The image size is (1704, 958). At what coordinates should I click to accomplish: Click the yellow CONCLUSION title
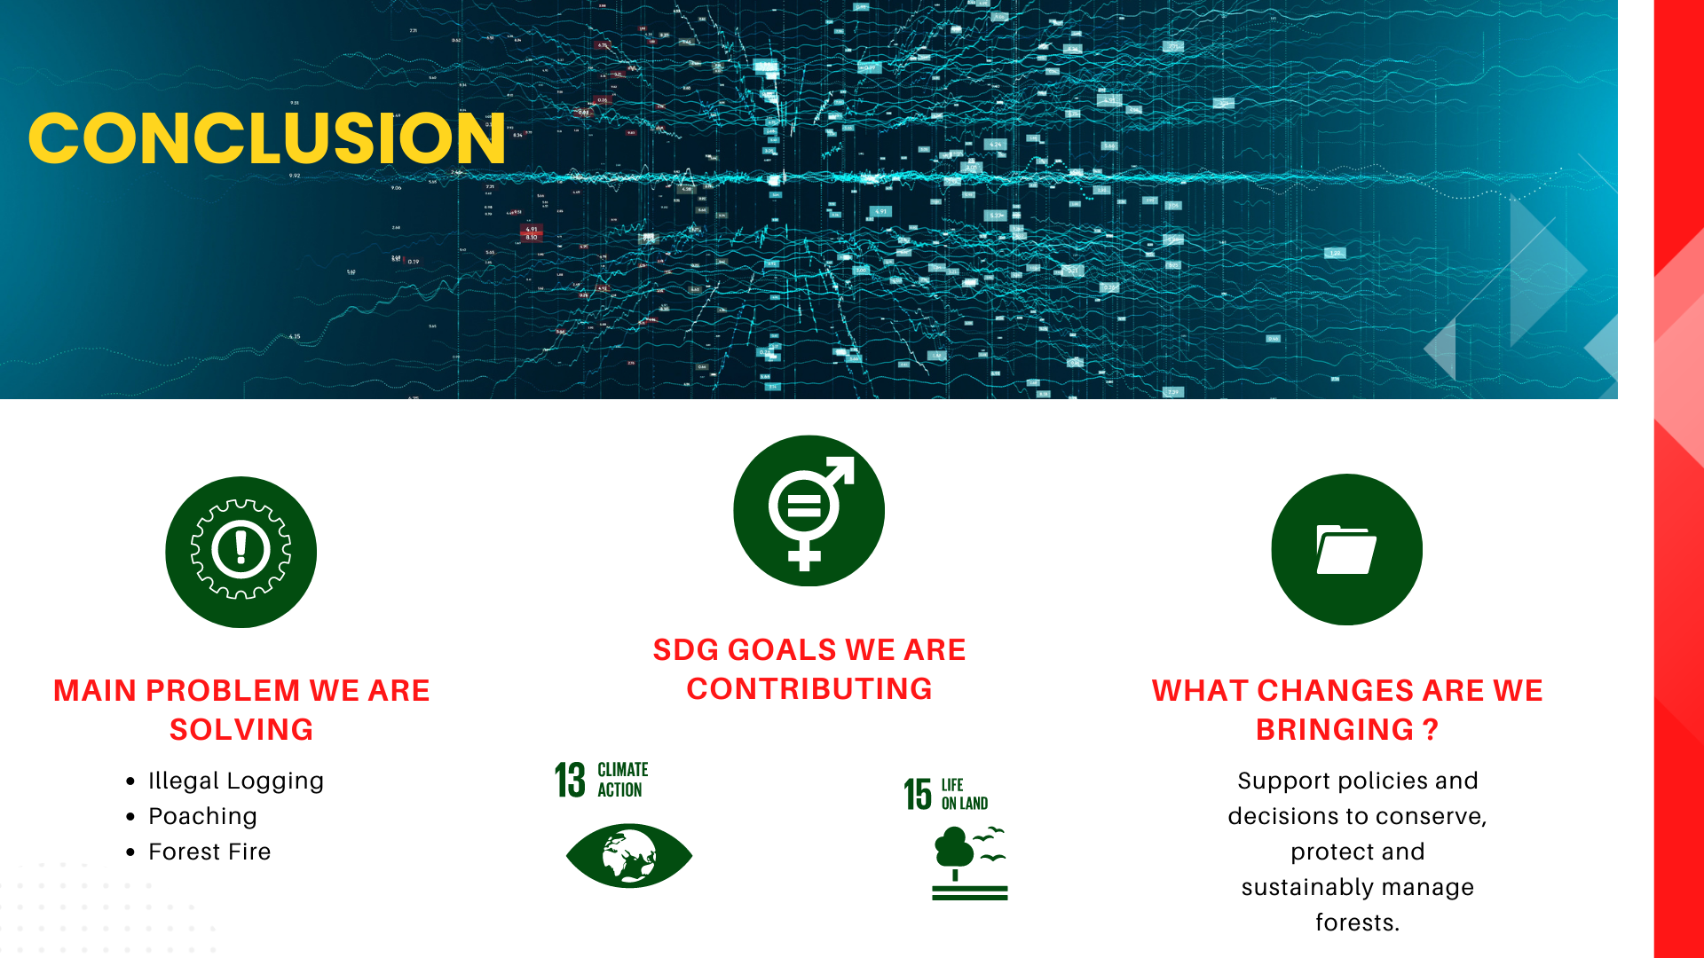pyautogui.click(x=267, y=138)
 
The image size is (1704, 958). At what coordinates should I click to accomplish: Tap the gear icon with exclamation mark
pyautogui.click(x=241, y=550)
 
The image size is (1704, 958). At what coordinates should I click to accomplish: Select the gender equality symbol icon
pyautogui.click(x=809, y=513)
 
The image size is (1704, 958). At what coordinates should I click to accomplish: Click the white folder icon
pyautogui.click(x=1346, y=550)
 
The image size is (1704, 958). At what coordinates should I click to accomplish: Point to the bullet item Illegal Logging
pyautogui.click(x=236, y=781)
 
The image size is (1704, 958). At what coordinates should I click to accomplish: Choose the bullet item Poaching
pyautogui.click(x=202, y=816)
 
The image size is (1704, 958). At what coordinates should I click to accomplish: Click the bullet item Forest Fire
pyautogui.click(x=209, y=852)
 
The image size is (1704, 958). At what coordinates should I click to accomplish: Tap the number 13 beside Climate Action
pyautogui.click(x=570, y=780)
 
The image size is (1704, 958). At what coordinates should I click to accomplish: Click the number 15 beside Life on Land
pyautogui.click(x=918, y=794)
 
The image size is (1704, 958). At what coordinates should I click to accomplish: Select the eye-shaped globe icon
pyautogui.click(x=629, y=855)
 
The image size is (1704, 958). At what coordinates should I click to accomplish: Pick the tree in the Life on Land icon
pyautogui.click(x=954, y=852)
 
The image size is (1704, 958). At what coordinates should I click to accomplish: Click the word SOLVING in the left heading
pyautogui.click(x=241, y=729)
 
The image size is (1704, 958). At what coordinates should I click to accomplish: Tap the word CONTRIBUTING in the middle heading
pyautogui.click(x=809, y=688)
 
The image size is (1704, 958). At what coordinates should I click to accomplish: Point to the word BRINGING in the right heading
pyautogui.click(x=1335, y=729)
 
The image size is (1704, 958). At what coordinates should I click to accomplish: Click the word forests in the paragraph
pyautogui.click(x=1357, y=923)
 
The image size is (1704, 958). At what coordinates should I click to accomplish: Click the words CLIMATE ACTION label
pyautogui.click(x=622, y=780)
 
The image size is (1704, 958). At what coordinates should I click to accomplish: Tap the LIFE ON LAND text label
pyautogui.click(x=965, y=794)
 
